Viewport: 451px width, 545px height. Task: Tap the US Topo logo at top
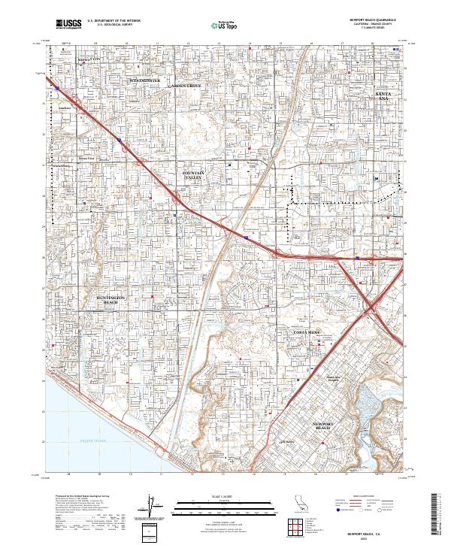pyautogui.click(x=226, y=24)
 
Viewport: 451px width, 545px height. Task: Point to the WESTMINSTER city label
pyautogui.click(x=145, y=79)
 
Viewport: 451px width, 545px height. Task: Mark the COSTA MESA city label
pyautogui.click(x=307, y=332)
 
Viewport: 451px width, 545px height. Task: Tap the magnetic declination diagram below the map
pyautogui.click(x=151, y=507)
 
